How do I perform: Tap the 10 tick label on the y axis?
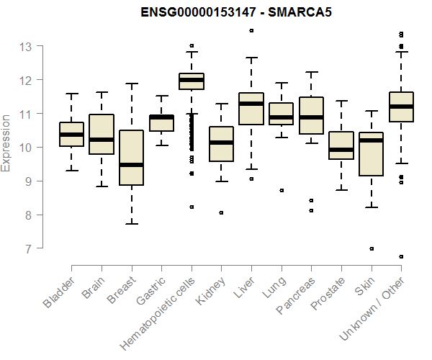(26, 148)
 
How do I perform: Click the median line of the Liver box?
(251, 104)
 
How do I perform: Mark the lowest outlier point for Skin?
(372, 248)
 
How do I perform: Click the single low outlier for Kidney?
(221, 212)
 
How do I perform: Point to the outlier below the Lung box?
(282, 190)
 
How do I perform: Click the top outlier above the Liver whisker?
(251, 31)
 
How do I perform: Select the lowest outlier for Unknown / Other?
(401, 256)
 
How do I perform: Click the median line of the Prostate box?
(341, 150)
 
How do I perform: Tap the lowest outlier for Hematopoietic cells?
(192, 207)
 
